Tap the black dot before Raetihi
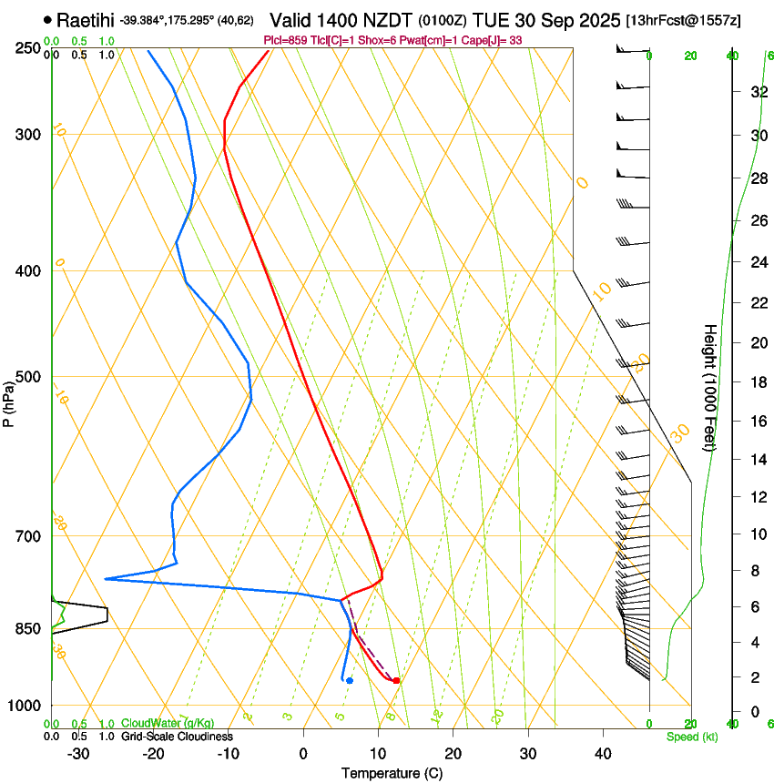click(47, 19)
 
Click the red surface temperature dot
click(396, 680)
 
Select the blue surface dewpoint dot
click(350, 680)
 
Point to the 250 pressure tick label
click(28, 47)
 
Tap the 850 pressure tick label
click(28, 629)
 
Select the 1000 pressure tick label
click(25, 706)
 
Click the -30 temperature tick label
click(78, 753)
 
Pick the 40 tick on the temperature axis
click(603, 753)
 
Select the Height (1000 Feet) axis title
click(711, 387)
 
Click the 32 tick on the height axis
click(757, 92)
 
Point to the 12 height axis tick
click(757, 496)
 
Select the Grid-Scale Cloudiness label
click(177, 737)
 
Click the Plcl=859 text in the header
click(284, 40)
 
